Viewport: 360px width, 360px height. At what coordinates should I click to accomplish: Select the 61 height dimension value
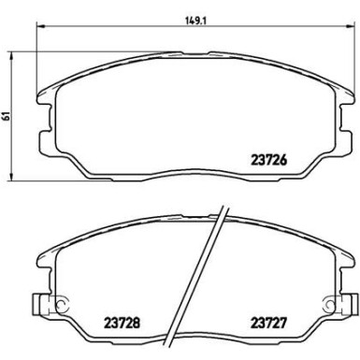pyautogui.click(x=6, y=117)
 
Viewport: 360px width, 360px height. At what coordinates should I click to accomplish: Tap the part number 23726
pyautogui.click(x=268, y=160)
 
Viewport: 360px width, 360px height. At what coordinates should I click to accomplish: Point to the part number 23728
pyautogui.click(x=122, y=323)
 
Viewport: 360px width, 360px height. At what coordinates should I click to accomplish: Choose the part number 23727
pyautogui.click(x=268, y=323)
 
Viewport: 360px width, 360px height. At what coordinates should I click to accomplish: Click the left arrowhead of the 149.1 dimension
pyautogui.click(x=41, y=26)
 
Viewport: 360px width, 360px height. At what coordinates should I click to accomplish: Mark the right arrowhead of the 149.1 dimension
pyautogui.click(x=350, y=26)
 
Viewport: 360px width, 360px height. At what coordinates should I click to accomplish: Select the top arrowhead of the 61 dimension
pyautogui.click(x=11, y=57)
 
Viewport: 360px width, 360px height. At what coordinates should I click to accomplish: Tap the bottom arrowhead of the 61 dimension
pyautogui.click(x=11, y=176)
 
